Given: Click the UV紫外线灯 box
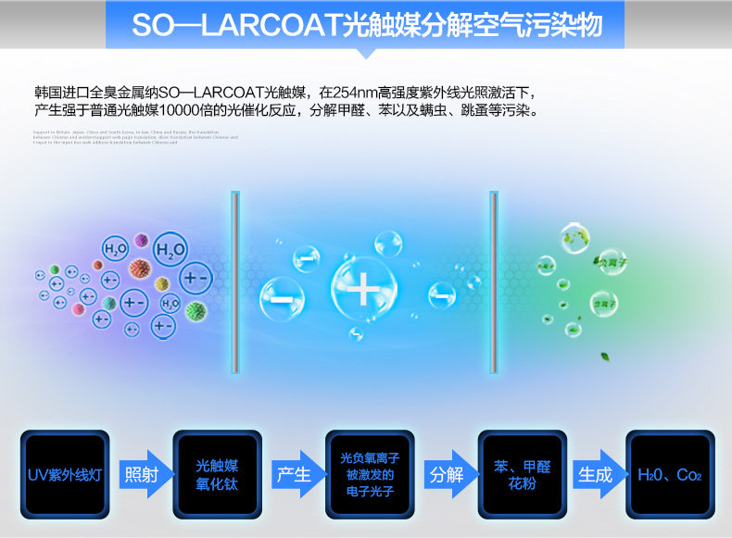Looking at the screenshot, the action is [64, 475].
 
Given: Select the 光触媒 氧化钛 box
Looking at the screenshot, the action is [217, 474].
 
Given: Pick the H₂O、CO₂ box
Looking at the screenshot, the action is [670, 474].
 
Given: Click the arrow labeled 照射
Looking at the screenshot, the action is [143, 475].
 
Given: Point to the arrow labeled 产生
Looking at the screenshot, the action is [296, 475].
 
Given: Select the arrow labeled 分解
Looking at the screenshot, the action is [448, 475].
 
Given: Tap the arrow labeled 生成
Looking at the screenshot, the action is [597, 475].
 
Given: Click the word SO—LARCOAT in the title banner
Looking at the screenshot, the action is [235, 25].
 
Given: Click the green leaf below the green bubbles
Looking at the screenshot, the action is [605, 355].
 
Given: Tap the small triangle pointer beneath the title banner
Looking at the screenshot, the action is [365, 54].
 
